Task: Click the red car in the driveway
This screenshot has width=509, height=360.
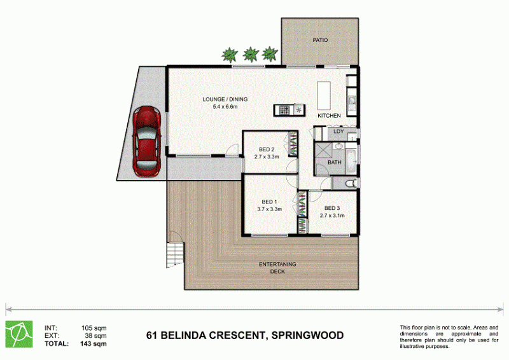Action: pyautogui.click(x=147, y=142)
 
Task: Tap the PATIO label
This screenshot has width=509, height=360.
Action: pyautogui.click(x=320, y=40)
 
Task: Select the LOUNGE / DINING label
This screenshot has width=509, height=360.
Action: pyautogui.click(x=225, y=99)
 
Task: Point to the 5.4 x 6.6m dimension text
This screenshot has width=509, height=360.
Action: pyautogui.click(x=225, y=106)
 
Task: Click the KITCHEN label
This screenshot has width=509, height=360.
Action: pyautogui.click(x=329, y=116)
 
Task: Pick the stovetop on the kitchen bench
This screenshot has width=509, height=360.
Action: pyautogui.click(x=284, y=110)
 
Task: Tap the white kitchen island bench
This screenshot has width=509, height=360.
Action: pyautogui.click(x=324, y=96)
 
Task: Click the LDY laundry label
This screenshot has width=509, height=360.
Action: pyautogui.click(x=338, y=132)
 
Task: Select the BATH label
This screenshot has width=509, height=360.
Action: pyautogui.click(x=335, y=162)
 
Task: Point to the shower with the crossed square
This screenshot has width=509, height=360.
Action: pyautogui.click(x=324, y=151)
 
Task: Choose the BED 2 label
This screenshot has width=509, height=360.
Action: pyautogui.click(x=267, y=149)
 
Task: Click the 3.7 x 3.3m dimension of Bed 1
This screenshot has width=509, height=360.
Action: pyautogui.click(x=269, y=209)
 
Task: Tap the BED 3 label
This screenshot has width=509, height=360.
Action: pyautogui.click(x=332, y=209)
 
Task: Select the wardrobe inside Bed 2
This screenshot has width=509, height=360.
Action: pyautogui.click(x=293, y=144)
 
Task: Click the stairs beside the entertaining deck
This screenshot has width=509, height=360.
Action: pyautogui.click(x=174, y=255)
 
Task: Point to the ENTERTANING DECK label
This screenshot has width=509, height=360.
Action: pyautogui.click(x=277, y=268)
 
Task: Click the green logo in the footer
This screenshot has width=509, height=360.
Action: pyautogui.click(x=19, y=335)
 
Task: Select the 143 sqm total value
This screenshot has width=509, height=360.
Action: pyautogui.click(x=93, y=343)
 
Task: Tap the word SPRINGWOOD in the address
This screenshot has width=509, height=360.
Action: pyautogui.click(x=307, y=335)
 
